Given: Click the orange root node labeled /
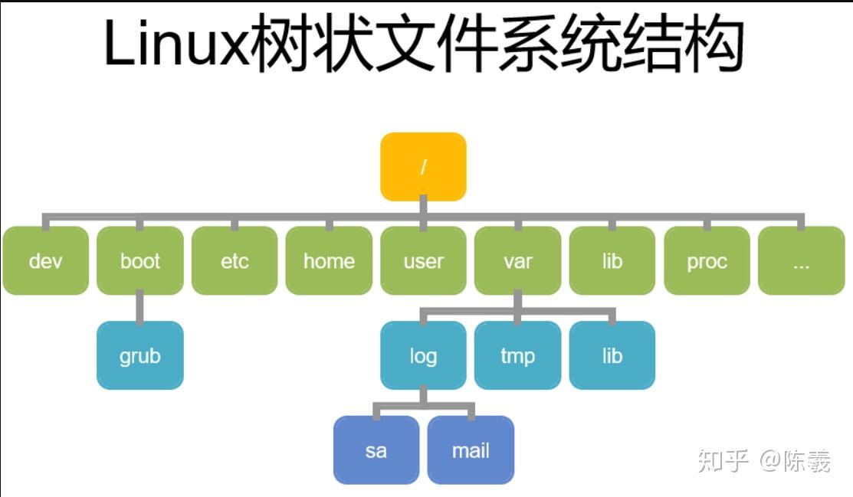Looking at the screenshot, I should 423,167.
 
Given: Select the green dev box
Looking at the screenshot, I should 45,260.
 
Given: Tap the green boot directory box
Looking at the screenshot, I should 140,260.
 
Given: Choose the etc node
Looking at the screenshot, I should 235,260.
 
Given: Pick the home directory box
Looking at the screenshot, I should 329,260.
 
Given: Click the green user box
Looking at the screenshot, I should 423,260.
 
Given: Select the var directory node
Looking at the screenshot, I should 518,260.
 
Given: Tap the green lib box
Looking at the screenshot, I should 612,260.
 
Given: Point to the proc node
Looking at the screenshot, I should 707,260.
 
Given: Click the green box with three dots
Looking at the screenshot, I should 801,260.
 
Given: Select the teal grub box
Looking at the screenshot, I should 140,355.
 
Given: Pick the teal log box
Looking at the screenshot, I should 423,355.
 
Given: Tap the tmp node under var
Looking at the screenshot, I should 518,355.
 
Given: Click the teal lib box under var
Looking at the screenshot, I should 612,355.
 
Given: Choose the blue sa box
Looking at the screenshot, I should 376,450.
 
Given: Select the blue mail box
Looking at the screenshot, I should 471,450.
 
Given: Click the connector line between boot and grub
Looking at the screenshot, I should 140,308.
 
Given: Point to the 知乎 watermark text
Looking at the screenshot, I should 723,460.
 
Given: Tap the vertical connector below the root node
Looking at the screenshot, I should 423,208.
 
